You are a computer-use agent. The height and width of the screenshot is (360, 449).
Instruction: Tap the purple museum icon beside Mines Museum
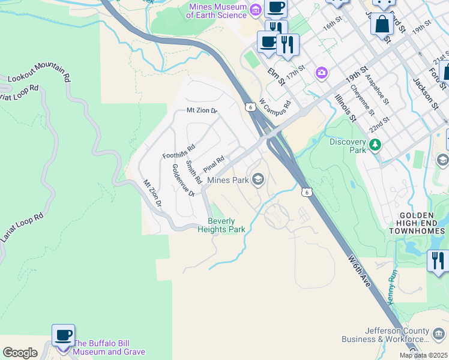[x=256, y=9]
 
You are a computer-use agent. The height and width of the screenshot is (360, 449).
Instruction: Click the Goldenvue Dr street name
[x=183, y=180]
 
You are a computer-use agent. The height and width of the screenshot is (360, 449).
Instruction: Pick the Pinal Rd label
[x=213, y=163]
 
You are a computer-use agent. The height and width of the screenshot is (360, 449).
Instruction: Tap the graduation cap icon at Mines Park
[x=258, y=179]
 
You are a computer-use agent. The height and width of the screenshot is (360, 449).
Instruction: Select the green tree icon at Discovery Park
[x=375, y=145]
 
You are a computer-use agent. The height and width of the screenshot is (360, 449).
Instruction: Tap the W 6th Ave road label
[x=360, y=271]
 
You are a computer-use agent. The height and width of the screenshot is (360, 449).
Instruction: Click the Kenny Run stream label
[x=393, y=287]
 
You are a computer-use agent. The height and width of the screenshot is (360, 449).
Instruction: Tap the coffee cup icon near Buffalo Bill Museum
[x=63, y=335]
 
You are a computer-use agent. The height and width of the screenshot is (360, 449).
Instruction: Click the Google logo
[x=20, y=353]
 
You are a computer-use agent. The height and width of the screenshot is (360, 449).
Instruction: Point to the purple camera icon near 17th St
[x=322, y=73]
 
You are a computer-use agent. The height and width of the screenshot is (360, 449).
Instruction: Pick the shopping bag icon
[x=382, y=25]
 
